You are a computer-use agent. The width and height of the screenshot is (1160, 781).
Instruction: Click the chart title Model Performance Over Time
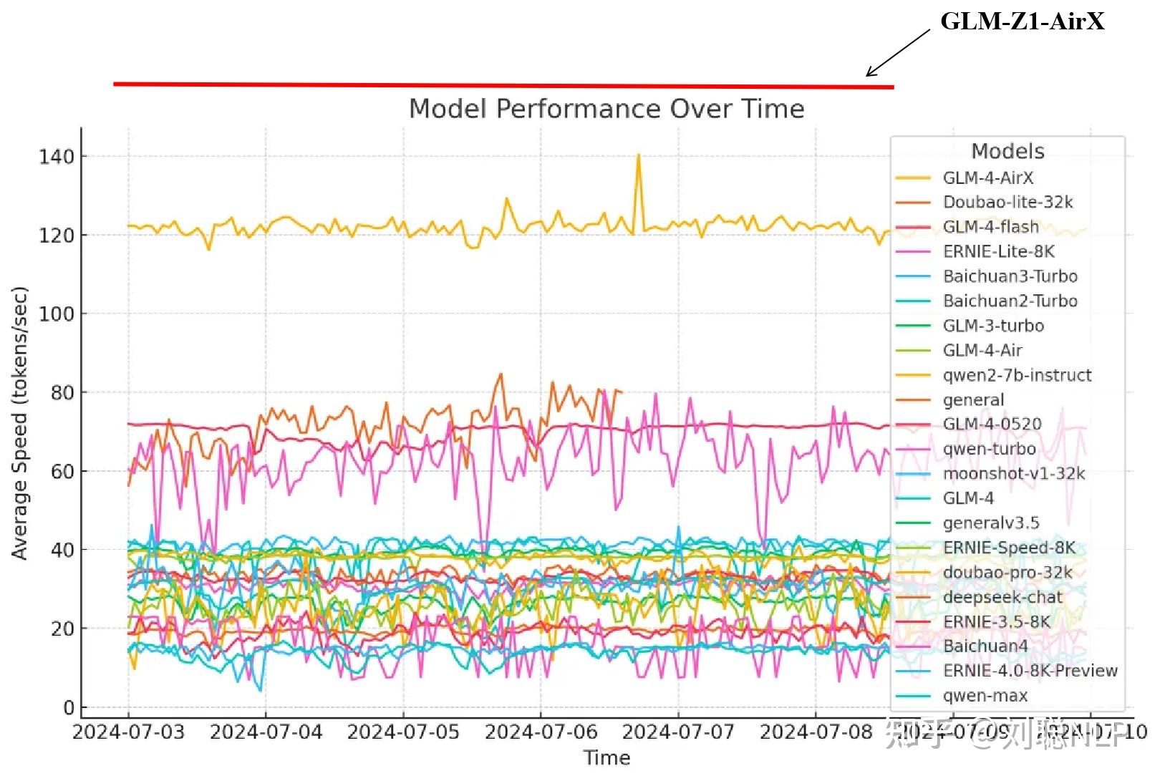coord(606,109)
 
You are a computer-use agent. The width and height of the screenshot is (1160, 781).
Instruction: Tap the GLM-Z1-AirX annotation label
coord(1022,21)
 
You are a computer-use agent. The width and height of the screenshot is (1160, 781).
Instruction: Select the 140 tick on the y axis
coord(57,157)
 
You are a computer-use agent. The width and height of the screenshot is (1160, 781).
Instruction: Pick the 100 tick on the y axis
coord(57,314)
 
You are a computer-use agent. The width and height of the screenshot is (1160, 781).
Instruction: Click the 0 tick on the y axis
coord(69,707)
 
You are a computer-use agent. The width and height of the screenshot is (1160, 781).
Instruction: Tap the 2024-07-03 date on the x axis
coord(129,732)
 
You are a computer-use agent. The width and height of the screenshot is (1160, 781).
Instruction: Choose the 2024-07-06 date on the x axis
coord(541,732)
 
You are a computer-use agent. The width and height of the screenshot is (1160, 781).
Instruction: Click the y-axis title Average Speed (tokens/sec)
coord(19,422)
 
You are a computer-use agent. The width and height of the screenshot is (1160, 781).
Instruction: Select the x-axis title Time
coord(606,757)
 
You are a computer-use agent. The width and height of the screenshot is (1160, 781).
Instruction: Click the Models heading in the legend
coord(1007,151)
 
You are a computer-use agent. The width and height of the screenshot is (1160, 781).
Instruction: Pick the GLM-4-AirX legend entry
coord(987,178)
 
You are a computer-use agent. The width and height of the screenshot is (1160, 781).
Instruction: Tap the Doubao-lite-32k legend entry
coord(1007,203)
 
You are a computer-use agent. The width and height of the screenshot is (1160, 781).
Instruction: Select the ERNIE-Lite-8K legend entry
coord(998,251)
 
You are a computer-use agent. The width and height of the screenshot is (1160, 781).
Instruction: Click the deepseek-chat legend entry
coord(1002,597)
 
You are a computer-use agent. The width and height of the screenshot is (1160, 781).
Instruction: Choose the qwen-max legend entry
coord(985,696)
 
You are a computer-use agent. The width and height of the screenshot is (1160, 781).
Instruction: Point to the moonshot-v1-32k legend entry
coord(1013,473)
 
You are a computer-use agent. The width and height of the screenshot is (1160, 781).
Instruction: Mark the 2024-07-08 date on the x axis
coord(816,732)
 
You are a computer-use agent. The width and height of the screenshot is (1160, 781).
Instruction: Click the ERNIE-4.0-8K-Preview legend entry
coord(1030,671)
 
